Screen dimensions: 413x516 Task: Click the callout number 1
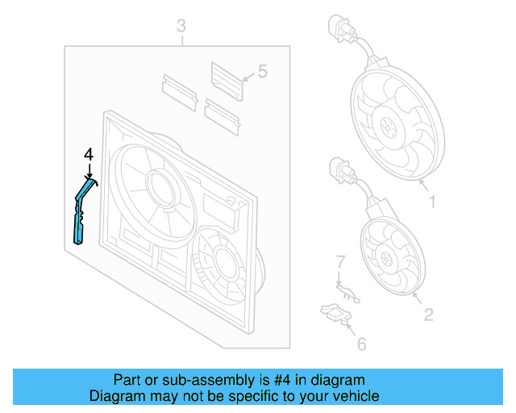[432, 202]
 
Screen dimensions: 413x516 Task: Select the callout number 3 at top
[181, 27]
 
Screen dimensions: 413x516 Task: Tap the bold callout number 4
[89, 154]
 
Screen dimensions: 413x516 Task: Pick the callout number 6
[361, 344]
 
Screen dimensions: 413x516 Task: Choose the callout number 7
[340, 262]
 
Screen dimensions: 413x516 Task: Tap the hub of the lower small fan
[389, 260]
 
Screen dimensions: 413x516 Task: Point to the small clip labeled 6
[333, 312]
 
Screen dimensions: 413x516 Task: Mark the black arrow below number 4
[89, 169]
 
